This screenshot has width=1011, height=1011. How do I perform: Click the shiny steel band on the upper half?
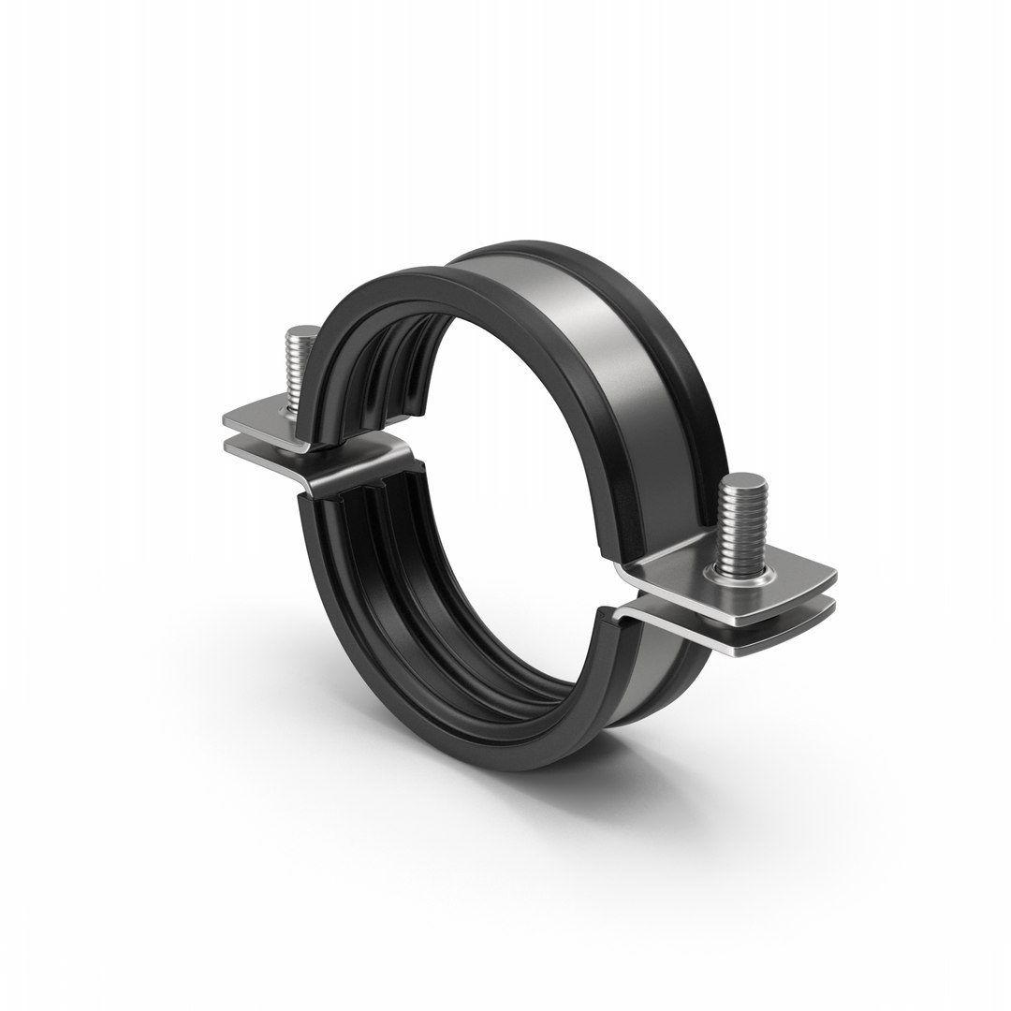[x=599, y=356]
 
